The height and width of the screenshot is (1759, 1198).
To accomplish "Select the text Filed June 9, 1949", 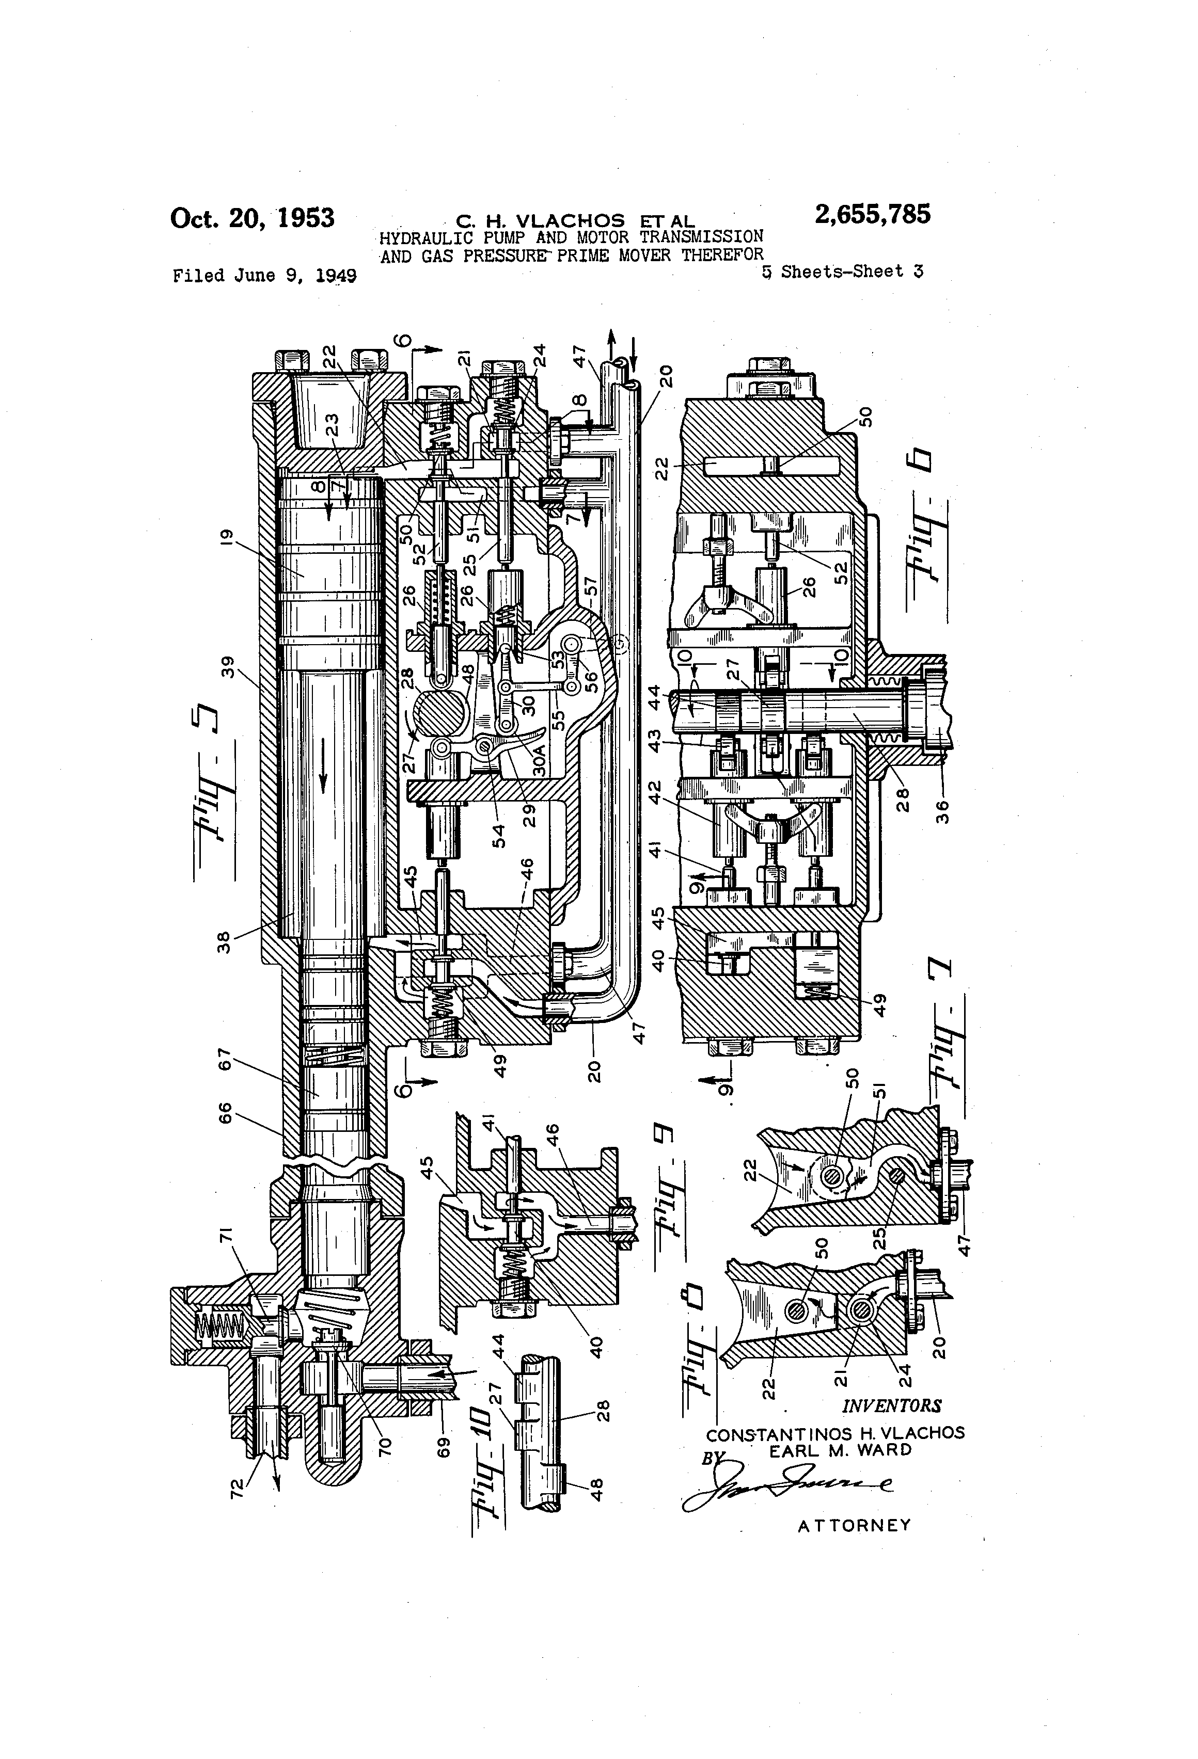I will tap(264, 276).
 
